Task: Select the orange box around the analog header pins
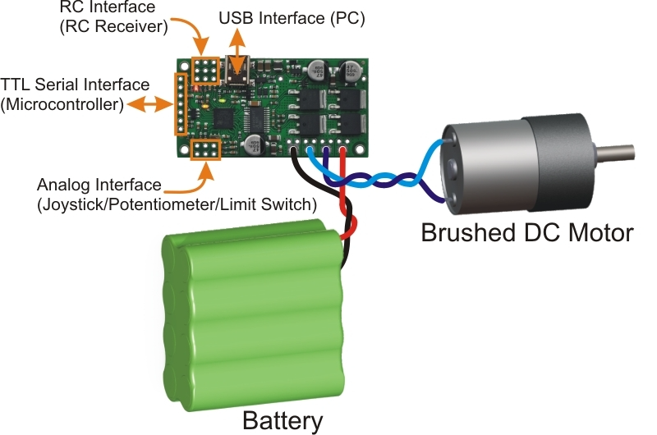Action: click(204, 150)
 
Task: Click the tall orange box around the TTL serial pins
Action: click(177, 104)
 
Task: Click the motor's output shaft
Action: click(620, 153)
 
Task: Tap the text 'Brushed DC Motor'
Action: click(526, 232)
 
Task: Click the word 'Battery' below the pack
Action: click(282, 421)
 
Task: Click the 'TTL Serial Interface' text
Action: click(76, 85)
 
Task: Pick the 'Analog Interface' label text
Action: click(99, 185)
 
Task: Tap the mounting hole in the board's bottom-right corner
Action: click(359, 149)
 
